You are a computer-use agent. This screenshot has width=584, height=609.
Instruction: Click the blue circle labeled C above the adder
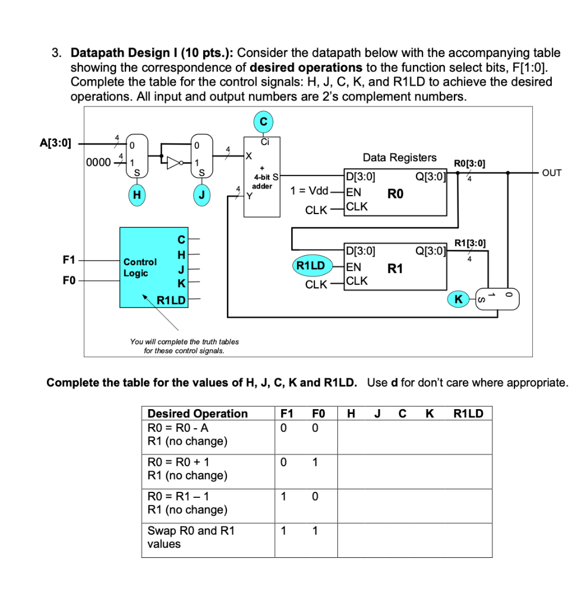pyautogui.click(x=263, y=122)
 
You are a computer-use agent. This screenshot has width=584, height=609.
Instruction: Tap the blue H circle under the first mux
pyautogui.click(x=137, y=194)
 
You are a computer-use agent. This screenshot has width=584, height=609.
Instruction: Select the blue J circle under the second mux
pyautogui.click(x=203, y=194)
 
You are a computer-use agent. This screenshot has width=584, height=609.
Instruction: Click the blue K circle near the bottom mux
pyautogui.click(x=457, y=299)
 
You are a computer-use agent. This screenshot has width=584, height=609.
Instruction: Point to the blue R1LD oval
pyautogui.click(x=311, y=265)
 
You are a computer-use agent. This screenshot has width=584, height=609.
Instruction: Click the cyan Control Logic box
pyautogui.click(x=153, y=267)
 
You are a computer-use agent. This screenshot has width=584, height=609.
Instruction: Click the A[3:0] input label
pyautogui.click(x=55, y=143)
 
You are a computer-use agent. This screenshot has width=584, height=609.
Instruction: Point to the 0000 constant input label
pyautogui.click(x=97, y=162)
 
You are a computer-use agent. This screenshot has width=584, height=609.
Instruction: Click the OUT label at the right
pyautogui.click(x=552, y=173)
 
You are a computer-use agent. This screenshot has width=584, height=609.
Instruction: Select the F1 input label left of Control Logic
pyautogui.click(x=70, y=260)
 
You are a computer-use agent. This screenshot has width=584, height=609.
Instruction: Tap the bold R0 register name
pyautogui.click(x=396, y=193)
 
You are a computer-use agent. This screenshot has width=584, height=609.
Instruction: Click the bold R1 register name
pyautogui.click(x=395, y=269)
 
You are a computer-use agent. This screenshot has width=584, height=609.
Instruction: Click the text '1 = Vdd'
pyautogui.click(x=309, y=191)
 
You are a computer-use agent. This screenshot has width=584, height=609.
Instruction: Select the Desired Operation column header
pyautogui.click(x=197, y=413)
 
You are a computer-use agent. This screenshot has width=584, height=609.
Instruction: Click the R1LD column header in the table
pyautogui.click(x=468, y=413)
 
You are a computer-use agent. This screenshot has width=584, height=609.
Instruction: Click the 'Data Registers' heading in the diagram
pyautogui.click(x=399, y=158)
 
